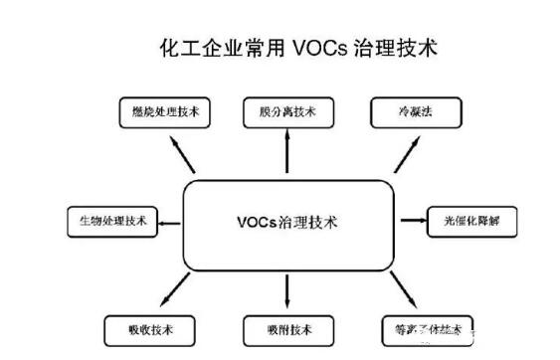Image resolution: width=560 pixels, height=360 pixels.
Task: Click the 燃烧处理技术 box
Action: tap(166, 113)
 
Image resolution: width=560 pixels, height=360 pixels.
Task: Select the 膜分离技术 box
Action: tap(286, 113)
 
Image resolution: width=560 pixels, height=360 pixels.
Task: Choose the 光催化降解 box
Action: tap(472, 221)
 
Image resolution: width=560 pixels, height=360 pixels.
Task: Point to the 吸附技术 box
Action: tap(287, 328)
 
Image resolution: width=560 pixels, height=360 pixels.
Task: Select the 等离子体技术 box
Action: tap(427, 328)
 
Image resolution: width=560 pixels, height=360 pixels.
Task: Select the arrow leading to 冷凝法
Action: tap(406, 154)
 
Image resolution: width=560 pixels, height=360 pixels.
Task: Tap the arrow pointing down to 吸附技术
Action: tap(286, 289)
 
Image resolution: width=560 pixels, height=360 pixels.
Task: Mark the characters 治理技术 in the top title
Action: tap(396, 46)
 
